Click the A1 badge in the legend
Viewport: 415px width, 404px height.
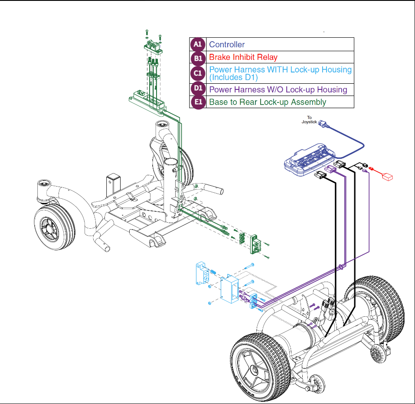pos(198,45)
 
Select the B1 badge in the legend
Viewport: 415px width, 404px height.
pos(198,58)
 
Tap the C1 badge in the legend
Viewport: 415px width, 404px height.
pos(198,73)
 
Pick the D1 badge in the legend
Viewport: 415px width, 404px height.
pos(198,89)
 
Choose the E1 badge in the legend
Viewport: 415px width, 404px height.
pos(198,102)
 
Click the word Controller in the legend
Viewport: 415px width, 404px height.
pos(227,45)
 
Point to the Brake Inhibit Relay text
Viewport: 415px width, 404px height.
pos(243,57)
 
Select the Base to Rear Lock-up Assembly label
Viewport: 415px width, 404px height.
pos(268,102)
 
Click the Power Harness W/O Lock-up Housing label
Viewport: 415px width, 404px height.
pos(278,90)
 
